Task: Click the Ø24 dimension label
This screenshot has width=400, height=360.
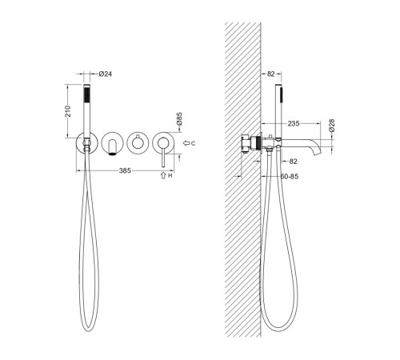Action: (106, 74)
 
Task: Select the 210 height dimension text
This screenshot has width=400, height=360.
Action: (68, 111)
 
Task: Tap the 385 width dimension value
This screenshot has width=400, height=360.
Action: (125, 170)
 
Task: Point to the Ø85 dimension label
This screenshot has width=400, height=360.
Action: (179, 119)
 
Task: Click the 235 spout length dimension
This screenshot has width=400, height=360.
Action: (294, 123)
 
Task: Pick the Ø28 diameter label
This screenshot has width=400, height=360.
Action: (331, 126)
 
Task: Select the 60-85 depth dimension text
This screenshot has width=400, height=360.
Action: (290, 176)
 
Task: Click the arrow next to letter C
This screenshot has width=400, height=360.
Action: (186, 143)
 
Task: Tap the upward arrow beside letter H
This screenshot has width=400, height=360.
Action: (163, 175)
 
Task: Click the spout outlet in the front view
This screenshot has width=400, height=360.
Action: (113, 154)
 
